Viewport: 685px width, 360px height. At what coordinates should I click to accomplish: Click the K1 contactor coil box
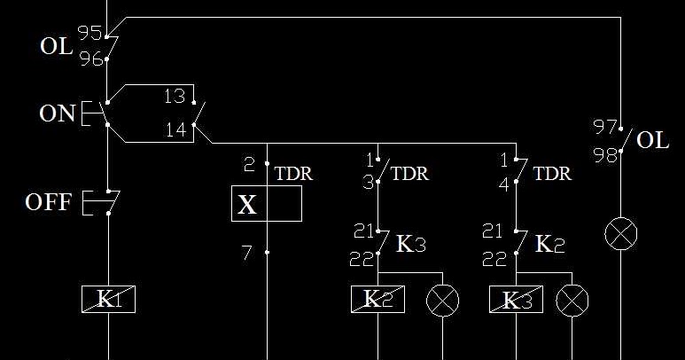(108, 300)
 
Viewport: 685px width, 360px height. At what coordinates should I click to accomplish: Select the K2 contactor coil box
(378, 300)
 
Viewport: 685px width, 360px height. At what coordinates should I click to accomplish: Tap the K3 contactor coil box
(516, 300)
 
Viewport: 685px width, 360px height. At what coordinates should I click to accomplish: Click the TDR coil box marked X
(267, 204)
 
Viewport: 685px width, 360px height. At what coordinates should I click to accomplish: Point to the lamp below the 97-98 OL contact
(621, 234)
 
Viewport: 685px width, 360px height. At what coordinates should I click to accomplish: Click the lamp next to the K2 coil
(442, 301)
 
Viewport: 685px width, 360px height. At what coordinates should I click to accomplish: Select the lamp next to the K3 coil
(572, 301)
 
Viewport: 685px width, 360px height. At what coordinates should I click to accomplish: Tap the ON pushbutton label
(58, 113)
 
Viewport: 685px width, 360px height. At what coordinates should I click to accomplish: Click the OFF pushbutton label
(48, 202)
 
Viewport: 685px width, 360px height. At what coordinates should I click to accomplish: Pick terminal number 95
(90, 33)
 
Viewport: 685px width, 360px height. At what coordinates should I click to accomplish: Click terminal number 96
(91, 59)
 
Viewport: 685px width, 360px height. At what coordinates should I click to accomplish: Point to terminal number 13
(175, 96)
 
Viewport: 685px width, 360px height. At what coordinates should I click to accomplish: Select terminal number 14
(175, 129)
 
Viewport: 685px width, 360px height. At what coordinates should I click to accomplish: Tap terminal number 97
(605, 127)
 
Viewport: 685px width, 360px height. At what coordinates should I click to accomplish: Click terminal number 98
(605, 154)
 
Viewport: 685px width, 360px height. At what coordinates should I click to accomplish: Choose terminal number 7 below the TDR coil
(247, 253)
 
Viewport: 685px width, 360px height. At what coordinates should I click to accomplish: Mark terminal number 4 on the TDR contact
(504, 185)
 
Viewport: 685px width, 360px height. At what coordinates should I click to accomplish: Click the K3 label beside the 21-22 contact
(410, 244)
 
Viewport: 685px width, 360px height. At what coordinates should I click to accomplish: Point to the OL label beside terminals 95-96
(57, 46)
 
